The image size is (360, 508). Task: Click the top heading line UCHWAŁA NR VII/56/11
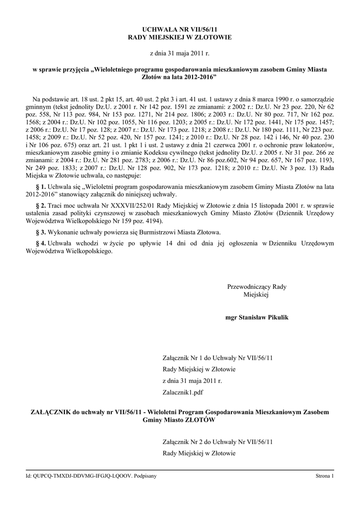click(x=180, y=29)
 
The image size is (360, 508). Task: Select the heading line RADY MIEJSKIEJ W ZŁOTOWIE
click(x=180, y=37)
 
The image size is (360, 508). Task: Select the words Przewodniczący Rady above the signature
click(x=257, y=286)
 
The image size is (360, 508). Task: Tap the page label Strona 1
click(x=325, y=476)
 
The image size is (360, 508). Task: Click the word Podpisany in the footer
click(x=145, y=476)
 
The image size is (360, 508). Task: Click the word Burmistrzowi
click(x=159, y=232)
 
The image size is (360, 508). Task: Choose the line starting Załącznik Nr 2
click(x=218, y=441)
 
